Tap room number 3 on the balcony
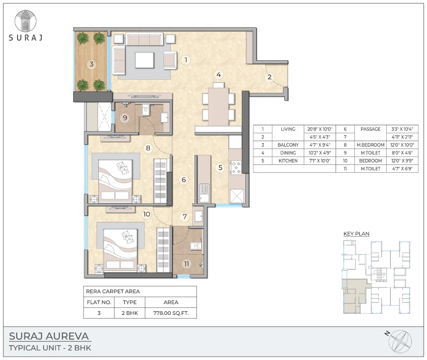91,64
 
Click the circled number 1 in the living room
186,60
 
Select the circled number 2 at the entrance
269,77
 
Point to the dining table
218,106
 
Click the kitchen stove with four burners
236,167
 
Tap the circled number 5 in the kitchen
220,167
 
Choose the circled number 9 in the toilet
125,118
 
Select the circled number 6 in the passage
183,180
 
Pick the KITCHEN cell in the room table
288,161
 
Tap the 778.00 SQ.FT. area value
171,313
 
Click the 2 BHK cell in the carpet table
130,313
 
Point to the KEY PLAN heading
356,233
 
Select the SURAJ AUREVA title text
49,337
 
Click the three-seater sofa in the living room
144,39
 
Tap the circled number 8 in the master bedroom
148,148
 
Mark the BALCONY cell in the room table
288,145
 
